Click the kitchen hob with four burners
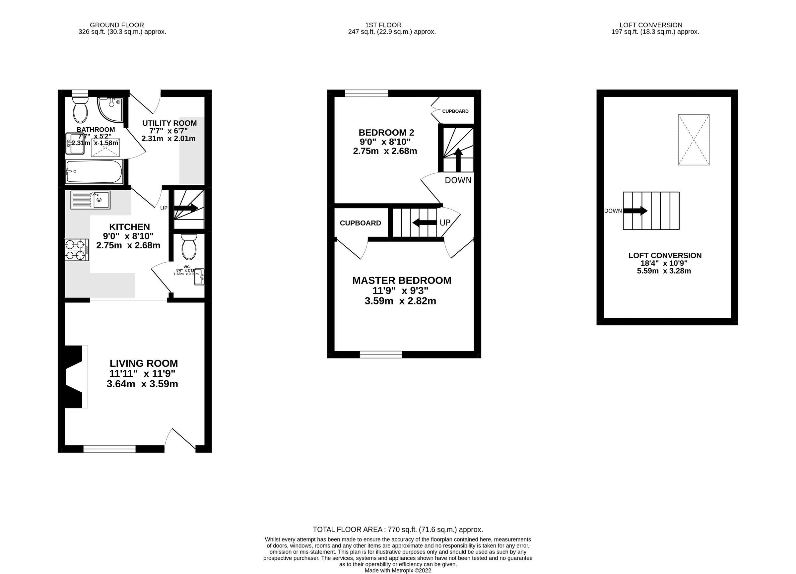click(x=76, y=249)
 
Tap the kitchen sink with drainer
click(x=90, y=200)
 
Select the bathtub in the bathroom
click(x=94, y=171)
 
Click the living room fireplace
click(x=74, y=376)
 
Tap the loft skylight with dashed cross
click(x=694, y=140)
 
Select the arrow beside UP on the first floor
click(x=424, y=223)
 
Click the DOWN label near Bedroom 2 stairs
click(x=458, y=180)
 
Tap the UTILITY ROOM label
click(x=169, y=123)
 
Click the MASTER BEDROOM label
click(x=402, y=280)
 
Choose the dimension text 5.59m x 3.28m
click(x=664, y=271)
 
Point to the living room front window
click(x=109, y=449)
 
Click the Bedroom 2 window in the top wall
click(x=366, y=93)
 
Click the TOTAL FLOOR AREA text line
click(x=398, y=530)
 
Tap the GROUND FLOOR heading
click(x=117, y=25)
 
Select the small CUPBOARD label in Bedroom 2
click(x=455, y=111)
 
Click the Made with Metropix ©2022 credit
click(x=398, y=570)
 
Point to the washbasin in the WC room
click(x=200, y=277)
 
